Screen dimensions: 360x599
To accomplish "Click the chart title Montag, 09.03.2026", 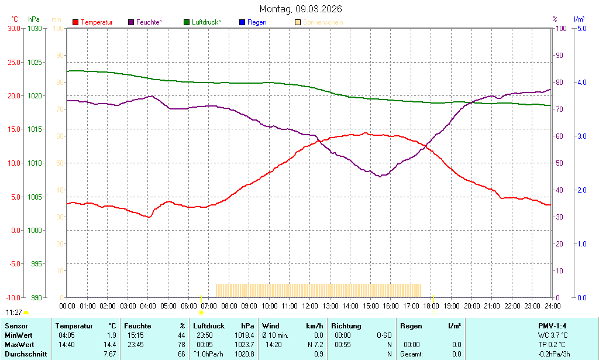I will tap(301, 9).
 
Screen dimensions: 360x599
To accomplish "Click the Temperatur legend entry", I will tap(97, 22).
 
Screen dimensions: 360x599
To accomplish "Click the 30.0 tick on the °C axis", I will tap(13, 28).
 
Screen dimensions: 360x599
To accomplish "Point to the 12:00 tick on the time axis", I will tap(309, 306).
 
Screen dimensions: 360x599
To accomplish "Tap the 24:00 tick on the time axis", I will tap(552, 306).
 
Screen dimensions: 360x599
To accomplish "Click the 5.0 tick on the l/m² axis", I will tap(582, 28).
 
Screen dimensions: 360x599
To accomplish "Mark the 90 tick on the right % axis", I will tap(559, 55).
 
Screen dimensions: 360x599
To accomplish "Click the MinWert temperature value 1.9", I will tap(111, 335).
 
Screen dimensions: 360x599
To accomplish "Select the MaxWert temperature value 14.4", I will tap(110, 345).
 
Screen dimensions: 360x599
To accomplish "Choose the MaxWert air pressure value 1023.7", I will tap(243, 345).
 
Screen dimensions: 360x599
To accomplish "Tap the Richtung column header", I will tap(346, 326).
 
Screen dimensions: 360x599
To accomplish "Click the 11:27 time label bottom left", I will tap(13, 313).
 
